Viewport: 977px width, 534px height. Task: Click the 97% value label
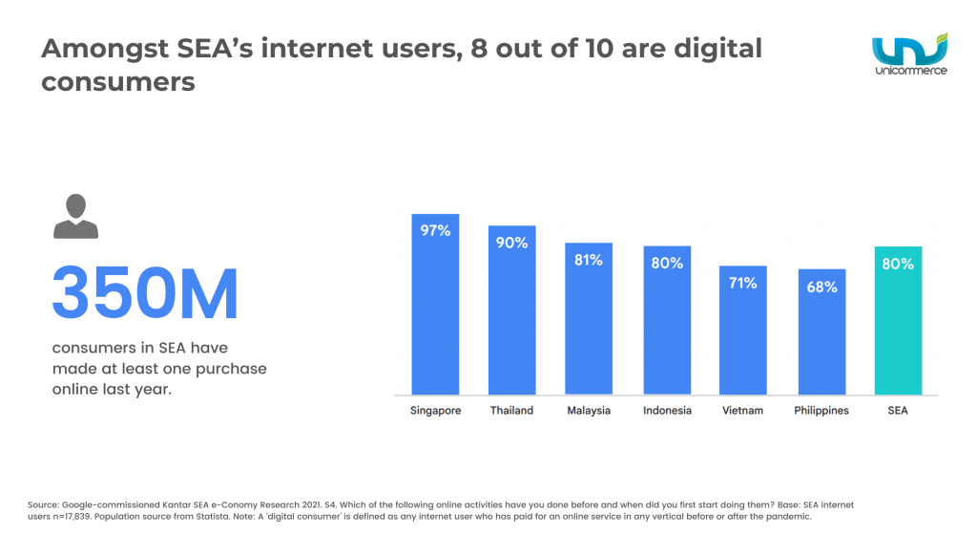(435, 230)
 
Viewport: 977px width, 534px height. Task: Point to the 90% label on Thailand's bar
(512, 243)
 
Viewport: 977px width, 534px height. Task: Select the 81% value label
(589, 259)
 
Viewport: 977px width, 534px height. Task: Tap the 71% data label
(743, 283)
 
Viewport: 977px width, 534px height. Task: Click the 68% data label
(821, 287)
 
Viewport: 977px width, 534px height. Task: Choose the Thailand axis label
(512, 411)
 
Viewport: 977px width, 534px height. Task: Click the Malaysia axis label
(589, 411)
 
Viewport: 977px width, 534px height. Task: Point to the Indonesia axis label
(666, 411)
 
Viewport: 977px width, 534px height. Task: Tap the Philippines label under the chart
(821, 411)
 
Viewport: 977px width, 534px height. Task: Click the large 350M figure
(145, 294)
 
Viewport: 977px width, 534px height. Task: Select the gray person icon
(75, 216)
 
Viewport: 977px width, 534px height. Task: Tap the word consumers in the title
(117, 82)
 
